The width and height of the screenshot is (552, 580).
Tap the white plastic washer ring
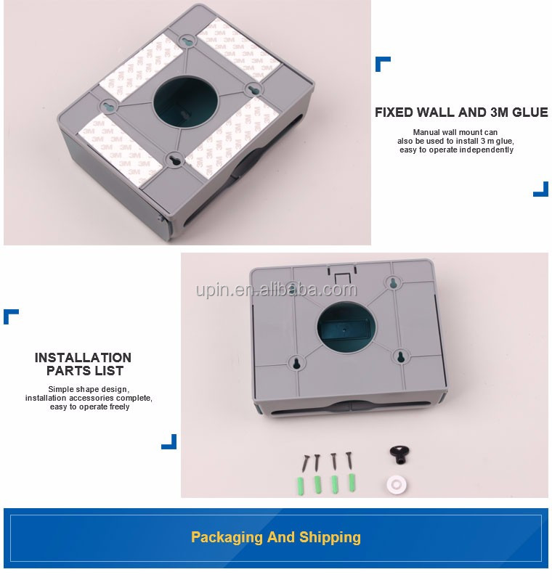point(397,484)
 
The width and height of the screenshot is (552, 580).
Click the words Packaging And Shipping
point(276,537)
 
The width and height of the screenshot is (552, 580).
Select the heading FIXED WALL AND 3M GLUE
point(461,113)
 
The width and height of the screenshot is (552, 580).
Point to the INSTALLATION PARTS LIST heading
point(84,364)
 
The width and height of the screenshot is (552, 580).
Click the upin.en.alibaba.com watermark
point(276,290)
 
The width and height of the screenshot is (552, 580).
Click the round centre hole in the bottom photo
point(346,327)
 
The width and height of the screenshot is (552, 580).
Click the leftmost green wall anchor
point(300,486)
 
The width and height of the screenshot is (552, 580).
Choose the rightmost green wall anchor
point(352,482)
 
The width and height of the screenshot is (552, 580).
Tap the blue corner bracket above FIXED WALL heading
point(381,62)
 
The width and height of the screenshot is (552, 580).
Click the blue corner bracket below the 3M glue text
point(542,191)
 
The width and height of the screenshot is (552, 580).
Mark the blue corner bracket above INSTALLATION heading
point(9,315)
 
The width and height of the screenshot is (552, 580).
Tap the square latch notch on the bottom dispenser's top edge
point(341,278)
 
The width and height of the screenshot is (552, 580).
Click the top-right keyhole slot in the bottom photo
point(393,283)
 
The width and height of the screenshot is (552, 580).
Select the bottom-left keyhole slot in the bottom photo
point(296,362)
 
